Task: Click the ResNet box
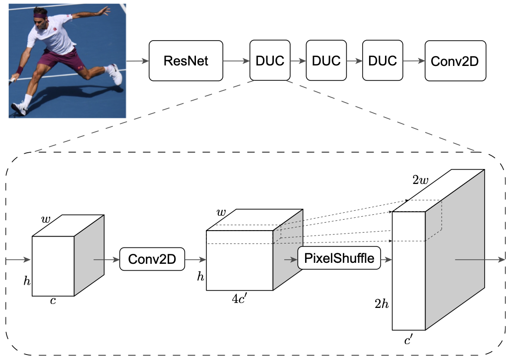coord(186,61)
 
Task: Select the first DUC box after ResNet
coord(270,61)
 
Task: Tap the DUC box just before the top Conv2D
coord(382,61)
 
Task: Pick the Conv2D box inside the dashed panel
coord(152,259)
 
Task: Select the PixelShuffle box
coord(339,258)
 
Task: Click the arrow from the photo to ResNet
coord(137,61)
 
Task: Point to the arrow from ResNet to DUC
coord(236,61)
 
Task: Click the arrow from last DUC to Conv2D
coord(413,61)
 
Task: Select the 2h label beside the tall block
coord(382,304)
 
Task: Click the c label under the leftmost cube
coord(53,301)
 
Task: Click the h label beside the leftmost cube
coord(27,281)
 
